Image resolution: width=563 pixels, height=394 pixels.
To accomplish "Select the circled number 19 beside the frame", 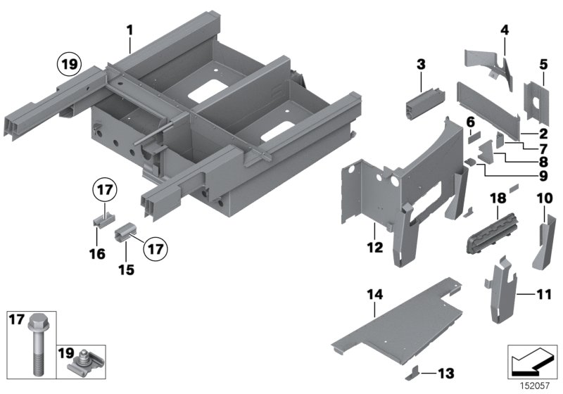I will tap(68, 67).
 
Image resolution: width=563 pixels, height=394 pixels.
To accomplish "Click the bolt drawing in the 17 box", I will tap(36, 341).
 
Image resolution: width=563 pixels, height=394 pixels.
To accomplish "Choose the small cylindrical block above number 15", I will tap(129, 230).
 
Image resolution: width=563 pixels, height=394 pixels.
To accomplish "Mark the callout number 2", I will tap(543, 134).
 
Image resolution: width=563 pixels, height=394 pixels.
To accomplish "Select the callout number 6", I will tap(470, 122).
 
